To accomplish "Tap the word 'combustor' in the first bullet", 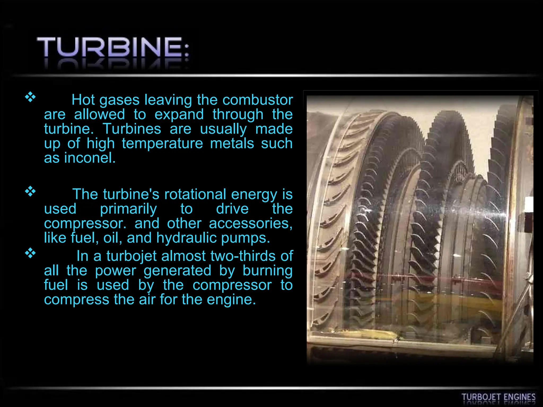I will (257, 100).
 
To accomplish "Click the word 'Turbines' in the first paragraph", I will (132, 129).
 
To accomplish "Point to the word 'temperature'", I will (162, 144).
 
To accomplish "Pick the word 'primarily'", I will (128, 209).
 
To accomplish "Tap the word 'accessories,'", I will (251, 223).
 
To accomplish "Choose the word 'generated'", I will (177, 271).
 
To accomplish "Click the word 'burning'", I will (268, 271).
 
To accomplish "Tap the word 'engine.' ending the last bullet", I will (231, 300).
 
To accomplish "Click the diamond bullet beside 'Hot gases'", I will (30, 97).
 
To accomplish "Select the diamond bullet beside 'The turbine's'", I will (30, 191).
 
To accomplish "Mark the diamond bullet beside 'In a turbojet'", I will (30, 253).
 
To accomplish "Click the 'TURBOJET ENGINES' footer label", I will (498, 397).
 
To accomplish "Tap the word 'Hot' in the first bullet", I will (83, 100).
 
